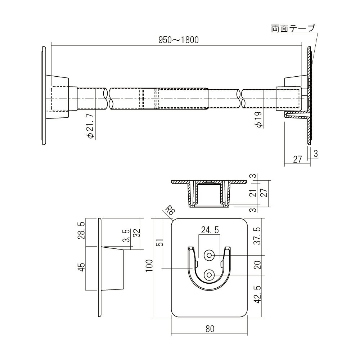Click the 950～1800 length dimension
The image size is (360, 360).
[179, 40]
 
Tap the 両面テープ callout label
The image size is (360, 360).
[293, 28]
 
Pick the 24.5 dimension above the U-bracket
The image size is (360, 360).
[210, 230]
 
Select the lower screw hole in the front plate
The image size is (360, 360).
[209, 275]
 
